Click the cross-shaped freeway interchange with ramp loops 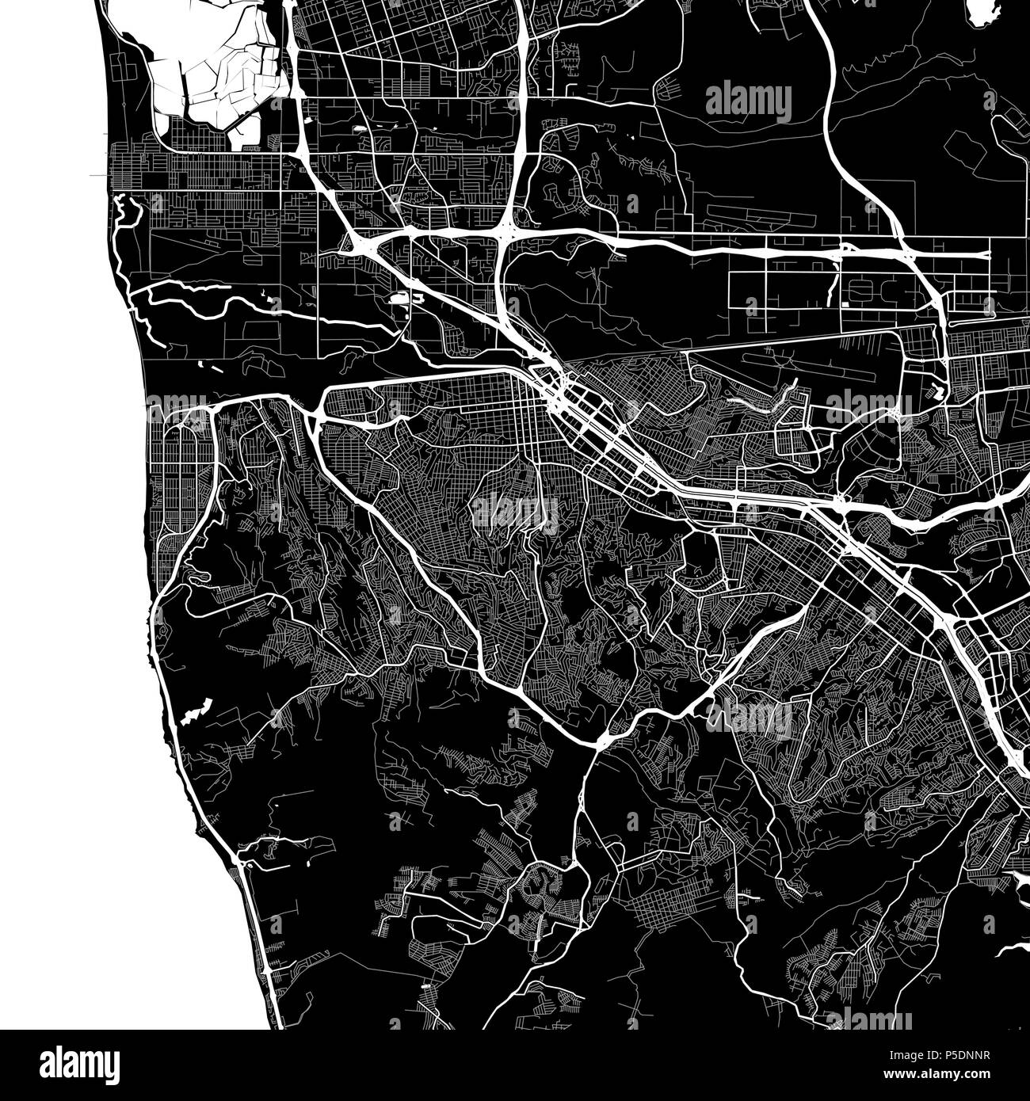coord(507,230)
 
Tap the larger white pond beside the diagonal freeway coord(399,299)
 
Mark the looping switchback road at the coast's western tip coord(127,210)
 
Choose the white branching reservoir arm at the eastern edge coord(1014,951)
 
